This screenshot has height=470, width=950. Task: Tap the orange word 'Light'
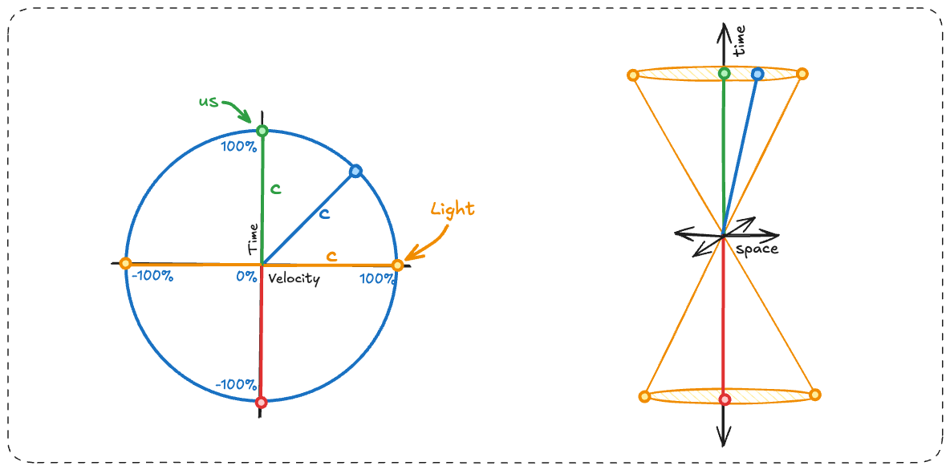click(x=453, y=209)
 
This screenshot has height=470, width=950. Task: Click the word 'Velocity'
click(x=294, y=279)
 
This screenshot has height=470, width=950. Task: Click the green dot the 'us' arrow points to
click(x=262, y=131)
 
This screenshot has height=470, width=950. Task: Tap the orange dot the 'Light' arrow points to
click(x=397, y=265)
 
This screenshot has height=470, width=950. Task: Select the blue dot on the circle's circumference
click(x=355, y=172)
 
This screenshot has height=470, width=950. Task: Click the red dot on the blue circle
click(x=261, y=402)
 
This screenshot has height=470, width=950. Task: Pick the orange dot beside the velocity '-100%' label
click(x=125, y=263)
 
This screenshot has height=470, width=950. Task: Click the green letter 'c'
click(x=276, y=189)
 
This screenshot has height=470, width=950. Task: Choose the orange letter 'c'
click(x=331, y=256)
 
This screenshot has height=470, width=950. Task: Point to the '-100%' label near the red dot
click(x=237, y=385)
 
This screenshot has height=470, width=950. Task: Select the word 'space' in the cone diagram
click(x=757, y=249)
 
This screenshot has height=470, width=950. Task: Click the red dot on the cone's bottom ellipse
click(x=724, y=399)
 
